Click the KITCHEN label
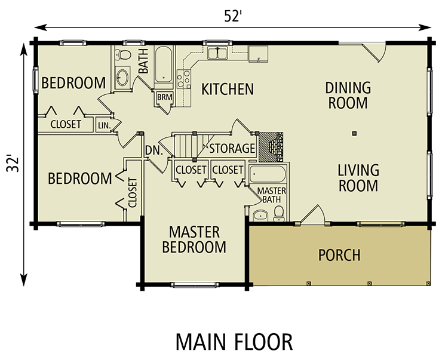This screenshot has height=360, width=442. click(x=228, y=90)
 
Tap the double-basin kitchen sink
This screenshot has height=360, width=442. click(x=217, y=53)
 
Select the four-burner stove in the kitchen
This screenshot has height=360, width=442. click(x=184, y=79)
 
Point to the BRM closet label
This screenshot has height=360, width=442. click(x=164, y=97)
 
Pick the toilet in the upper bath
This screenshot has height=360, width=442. click(x=124, y=56)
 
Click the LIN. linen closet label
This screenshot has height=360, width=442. click(x=103, y=125)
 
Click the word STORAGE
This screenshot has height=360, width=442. click(x=232, y=148)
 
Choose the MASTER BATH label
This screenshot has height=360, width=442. click(x=272, y=195)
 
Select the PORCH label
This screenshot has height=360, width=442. click(x=339, y=255)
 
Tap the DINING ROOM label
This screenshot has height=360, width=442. click(x=348, y=96)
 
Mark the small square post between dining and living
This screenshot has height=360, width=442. click(x=354, y=133)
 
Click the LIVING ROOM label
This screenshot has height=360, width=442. click(x=358, y=178)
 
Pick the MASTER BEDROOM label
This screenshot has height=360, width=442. click(x=194, y=239)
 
